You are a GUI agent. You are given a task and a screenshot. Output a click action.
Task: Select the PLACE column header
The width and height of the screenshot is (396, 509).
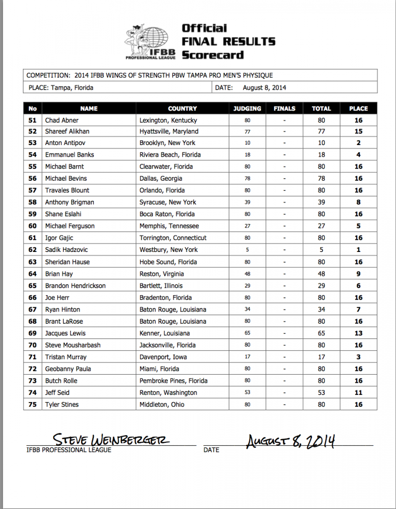click(358, 108)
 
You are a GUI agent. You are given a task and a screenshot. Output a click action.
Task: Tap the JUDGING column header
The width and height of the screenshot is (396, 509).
click(247, 108)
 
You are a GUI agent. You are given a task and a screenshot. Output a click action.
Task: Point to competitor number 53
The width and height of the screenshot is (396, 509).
click(33, 143)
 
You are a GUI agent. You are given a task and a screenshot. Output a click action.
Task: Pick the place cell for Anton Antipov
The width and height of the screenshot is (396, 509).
click(358, 143)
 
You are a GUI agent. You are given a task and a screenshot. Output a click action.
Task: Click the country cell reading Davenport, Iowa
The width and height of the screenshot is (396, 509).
click(163, 357)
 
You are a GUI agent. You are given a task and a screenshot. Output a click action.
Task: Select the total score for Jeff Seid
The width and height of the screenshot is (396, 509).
click(321, 393)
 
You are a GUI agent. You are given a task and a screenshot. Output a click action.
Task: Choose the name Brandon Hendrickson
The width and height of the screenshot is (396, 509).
click(75, 286)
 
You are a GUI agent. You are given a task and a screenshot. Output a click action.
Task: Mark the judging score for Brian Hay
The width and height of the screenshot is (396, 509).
click(247, 274)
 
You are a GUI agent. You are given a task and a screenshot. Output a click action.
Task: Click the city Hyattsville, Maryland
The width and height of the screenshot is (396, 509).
click(169, 131)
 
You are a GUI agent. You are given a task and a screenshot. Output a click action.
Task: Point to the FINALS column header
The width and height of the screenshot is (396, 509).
click(284, 108)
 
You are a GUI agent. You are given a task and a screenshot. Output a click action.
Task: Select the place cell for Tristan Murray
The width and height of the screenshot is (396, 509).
click(358, 357)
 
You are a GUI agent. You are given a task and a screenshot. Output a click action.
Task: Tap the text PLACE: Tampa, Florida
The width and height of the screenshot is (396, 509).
click(60, 88)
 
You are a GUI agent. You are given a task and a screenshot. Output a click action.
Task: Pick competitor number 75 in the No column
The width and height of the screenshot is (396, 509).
click(33, 405)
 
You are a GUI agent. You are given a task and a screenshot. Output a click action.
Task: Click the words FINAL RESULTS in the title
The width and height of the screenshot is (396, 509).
click(228, 41)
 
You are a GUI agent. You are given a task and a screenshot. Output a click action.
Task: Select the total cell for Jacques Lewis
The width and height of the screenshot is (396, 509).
click(321, 333)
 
